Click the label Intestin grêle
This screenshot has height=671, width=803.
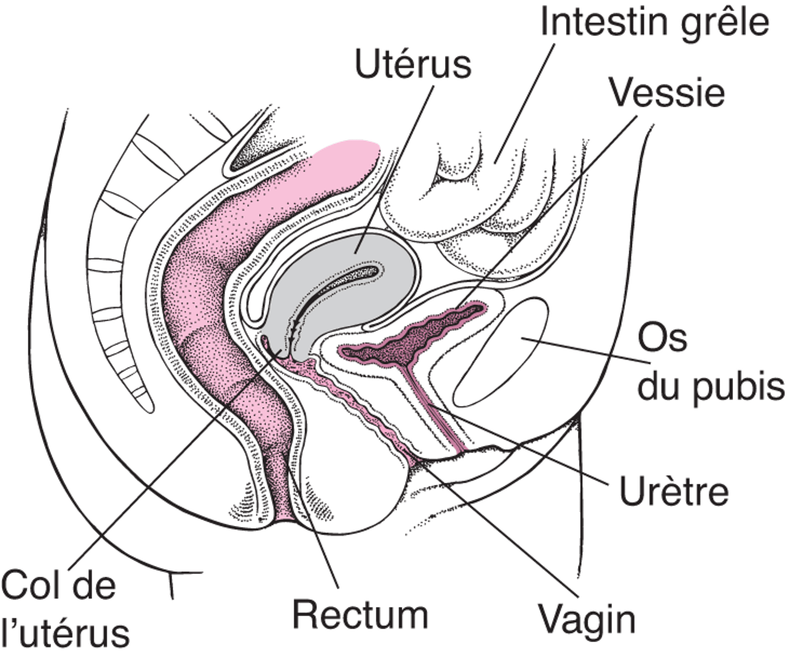pyautogui.click(x=655, y=22)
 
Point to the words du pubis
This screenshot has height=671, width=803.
pyautogui.click(x=711, y=388)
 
